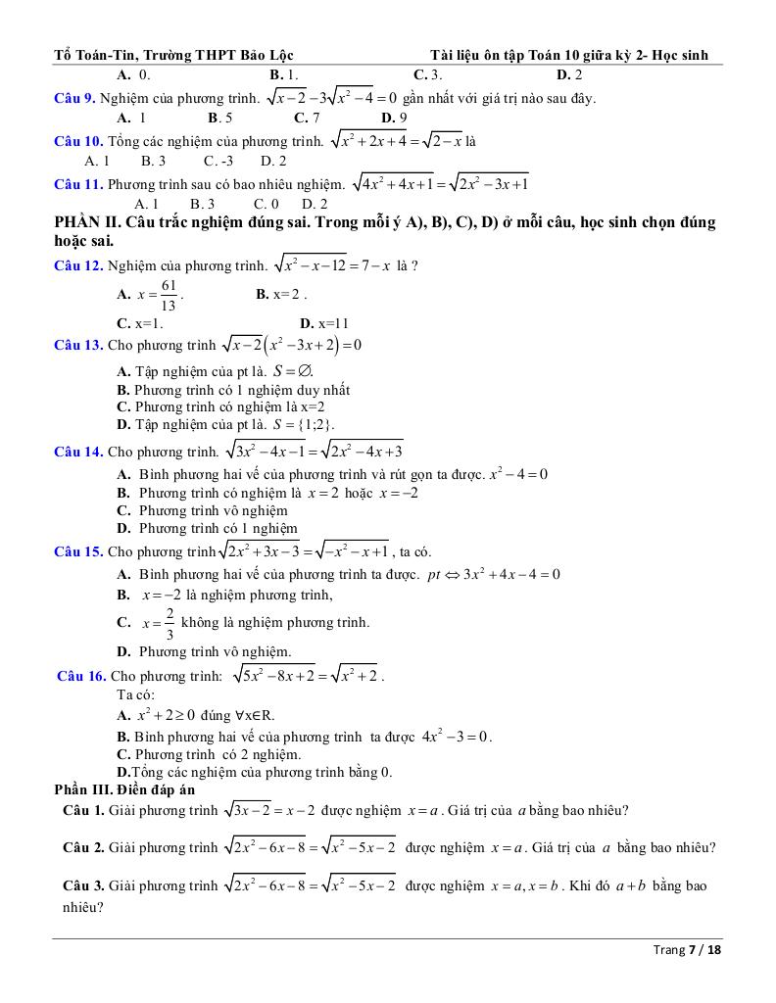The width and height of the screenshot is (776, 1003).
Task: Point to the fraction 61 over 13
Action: tap(169, 295)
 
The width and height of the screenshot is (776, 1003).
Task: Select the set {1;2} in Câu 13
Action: tap(317, 425)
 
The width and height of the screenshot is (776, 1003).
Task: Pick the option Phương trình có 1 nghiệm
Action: tap(218, 528)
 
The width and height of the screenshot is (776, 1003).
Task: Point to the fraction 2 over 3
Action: tap(169, 623)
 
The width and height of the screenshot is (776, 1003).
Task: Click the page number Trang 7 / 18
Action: tap(687, 949)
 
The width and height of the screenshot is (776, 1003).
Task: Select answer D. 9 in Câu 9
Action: tap(394, 118)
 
